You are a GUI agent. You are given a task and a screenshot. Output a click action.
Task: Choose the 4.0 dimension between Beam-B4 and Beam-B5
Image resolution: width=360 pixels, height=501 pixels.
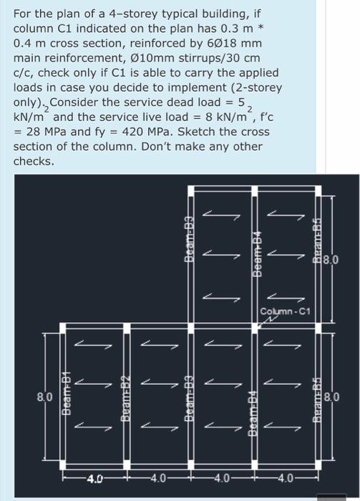pyautogui.click(x=284, y=475)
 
